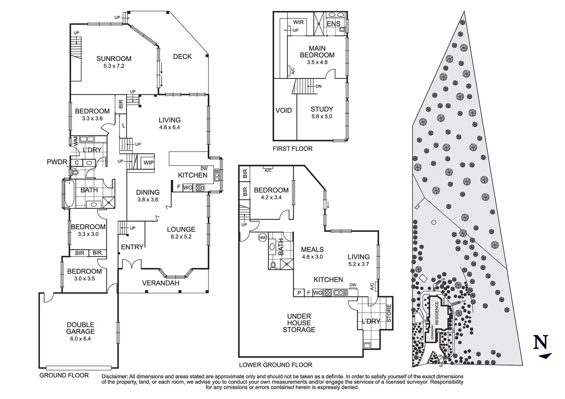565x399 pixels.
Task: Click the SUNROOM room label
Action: click(114, 59)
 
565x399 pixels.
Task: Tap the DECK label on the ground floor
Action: click(182, 57)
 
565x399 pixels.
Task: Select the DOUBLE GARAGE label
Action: click(80, 328)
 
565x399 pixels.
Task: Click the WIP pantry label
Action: click(149, 163)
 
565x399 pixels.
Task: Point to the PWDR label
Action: click(57, 162)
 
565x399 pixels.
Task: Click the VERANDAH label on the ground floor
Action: click(160, 283)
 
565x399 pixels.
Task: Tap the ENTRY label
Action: click(132, 247)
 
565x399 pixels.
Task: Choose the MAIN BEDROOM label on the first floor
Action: click(317, 52)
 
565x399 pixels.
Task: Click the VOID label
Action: click(284, 110)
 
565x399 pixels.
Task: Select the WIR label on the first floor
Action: click(298, 22)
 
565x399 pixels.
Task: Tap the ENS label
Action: click(333, 24)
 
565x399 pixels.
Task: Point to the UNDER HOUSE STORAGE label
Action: click(299, 323)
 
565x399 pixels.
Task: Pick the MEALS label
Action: click(312, 249)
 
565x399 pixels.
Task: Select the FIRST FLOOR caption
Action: click(292, 148)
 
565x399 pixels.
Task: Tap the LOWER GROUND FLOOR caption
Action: click(276, 365)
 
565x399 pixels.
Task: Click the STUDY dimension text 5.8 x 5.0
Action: click(322, 116)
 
